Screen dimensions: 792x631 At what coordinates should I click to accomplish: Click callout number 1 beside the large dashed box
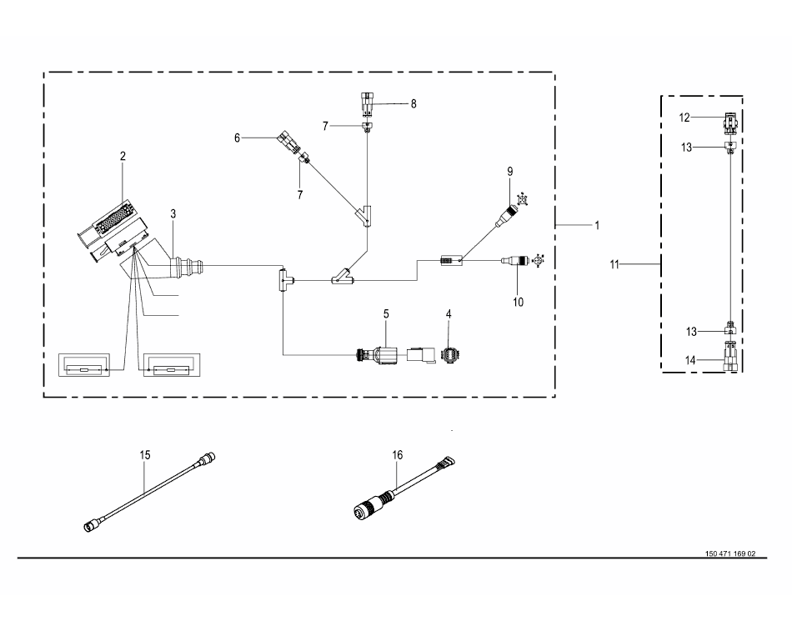point(597,225)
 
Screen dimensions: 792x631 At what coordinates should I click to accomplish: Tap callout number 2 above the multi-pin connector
point(123,157)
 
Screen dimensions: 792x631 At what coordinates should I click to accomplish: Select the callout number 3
point(173,213)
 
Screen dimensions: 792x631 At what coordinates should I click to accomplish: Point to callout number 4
point(449,314)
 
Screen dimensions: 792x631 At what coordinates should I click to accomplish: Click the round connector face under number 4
point(449,355)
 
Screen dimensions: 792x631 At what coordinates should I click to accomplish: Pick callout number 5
point(237,138)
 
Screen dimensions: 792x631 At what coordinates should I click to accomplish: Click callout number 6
point(414,104)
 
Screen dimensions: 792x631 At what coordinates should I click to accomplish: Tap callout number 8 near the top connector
point(414,104)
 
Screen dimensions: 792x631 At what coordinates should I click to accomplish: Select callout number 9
point(510,172)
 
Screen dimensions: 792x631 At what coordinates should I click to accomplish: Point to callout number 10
point(519,302)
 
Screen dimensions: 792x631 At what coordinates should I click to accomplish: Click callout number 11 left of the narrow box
point(614,265)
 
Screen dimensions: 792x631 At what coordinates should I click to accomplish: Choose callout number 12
point(684,118)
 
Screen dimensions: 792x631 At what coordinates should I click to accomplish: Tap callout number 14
point(690,360)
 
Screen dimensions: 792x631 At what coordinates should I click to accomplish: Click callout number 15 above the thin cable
point(145,455)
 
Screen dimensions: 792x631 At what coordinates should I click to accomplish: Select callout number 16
point(398,455)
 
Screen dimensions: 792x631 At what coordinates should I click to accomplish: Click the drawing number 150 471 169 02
point(730,553)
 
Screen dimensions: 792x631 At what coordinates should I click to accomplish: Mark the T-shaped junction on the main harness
point(283,279)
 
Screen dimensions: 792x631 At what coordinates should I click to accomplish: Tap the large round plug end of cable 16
point(364,508)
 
